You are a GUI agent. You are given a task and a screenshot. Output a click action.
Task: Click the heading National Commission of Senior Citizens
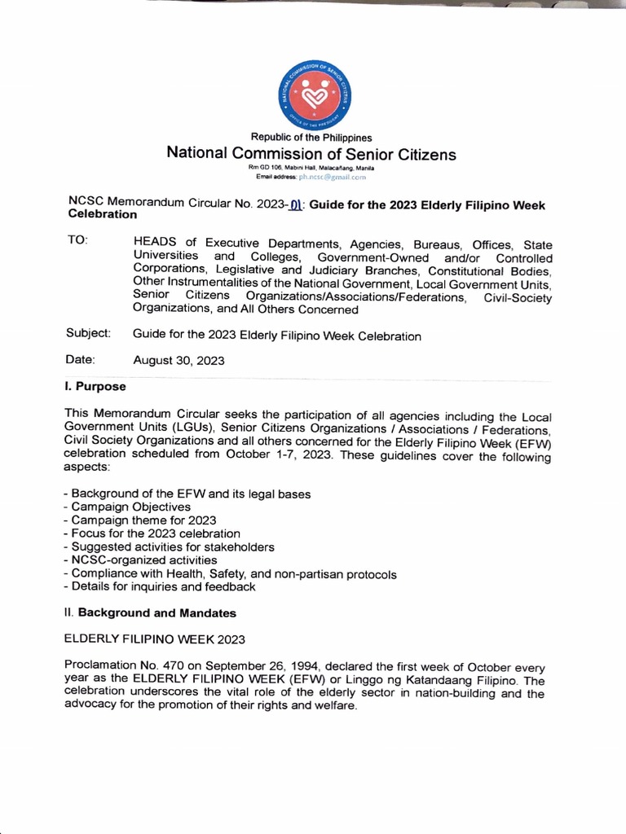[311, 154]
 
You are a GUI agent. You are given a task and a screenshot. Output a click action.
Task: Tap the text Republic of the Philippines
[311, 138]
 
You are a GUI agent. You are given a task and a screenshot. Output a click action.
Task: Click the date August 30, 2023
[179, 360]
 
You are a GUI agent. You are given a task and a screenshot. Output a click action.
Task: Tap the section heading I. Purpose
[95, 386]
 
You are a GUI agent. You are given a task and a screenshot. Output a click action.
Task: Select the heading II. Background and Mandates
[151, 612]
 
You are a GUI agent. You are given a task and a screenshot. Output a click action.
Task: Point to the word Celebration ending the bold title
[101, 215]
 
